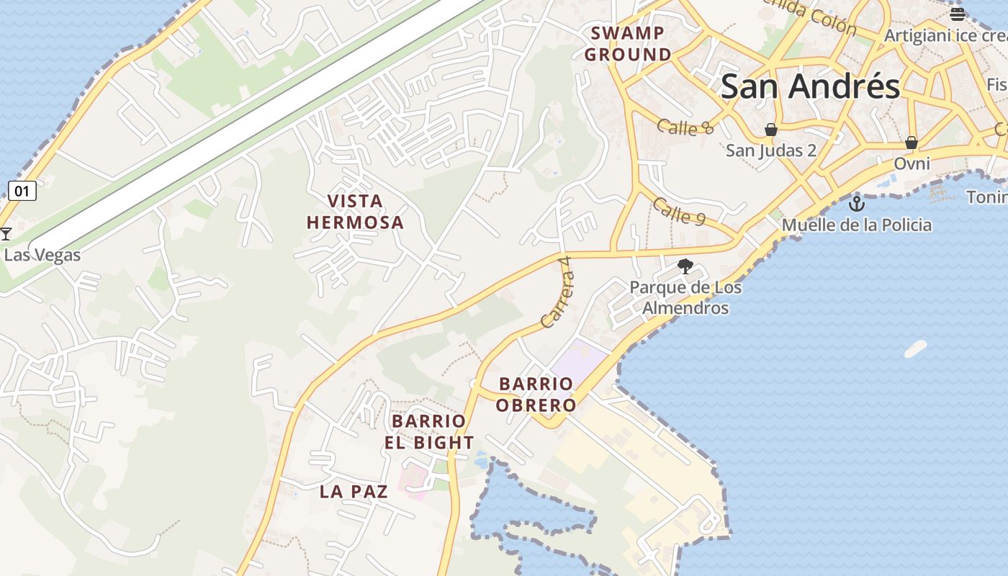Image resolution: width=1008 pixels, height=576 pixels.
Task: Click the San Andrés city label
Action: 810,87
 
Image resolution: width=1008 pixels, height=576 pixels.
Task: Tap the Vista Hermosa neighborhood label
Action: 355,212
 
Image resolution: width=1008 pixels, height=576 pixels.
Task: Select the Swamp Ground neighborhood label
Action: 627,44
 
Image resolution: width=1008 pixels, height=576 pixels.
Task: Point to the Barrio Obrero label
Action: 536,395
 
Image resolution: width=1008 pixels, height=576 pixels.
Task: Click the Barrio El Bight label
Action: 429,432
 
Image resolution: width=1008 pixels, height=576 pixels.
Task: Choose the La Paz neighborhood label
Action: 354,492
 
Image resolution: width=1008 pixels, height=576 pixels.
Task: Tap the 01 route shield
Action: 22,191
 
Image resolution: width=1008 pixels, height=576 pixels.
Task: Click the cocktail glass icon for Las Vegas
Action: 6,233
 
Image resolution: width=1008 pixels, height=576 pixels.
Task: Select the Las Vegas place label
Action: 42,255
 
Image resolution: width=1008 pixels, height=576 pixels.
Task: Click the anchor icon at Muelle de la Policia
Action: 856,202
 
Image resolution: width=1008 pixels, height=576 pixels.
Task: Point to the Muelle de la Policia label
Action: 856,225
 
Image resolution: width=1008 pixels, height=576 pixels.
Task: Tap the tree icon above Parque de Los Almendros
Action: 685,266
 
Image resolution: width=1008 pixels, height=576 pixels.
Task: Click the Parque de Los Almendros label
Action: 685,297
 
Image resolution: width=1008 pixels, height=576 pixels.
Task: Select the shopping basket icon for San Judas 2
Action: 771,130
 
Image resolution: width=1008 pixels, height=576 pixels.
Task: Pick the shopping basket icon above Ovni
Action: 912,143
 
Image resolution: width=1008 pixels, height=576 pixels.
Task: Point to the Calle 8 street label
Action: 685,127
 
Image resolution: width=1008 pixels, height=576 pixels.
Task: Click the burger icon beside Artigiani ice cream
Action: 957,14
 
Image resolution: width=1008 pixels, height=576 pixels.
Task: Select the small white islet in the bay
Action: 915,348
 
